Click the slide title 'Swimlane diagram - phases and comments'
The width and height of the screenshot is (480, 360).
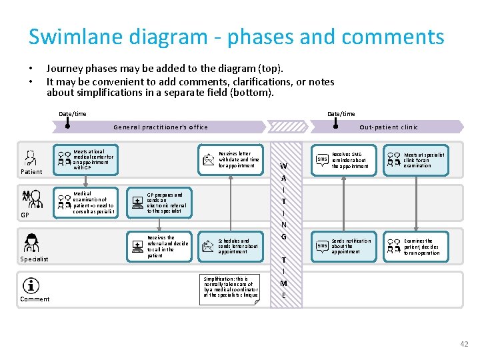236,37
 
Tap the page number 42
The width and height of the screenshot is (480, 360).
464,344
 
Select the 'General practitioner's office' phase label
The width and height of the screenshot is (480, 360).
161,127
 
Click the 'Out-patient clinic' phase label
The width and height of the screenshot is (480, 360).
389,127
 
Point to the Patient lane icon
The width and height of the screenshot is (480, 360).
31,158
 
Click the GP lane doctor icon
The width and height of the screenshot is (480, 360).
28,199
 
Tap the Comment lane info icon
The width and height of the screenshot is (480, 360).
31,285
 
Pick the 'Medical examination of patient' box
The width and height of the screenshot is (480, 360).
87,203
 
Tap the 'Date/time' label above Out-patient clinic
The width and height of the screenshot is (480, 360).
341,114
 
